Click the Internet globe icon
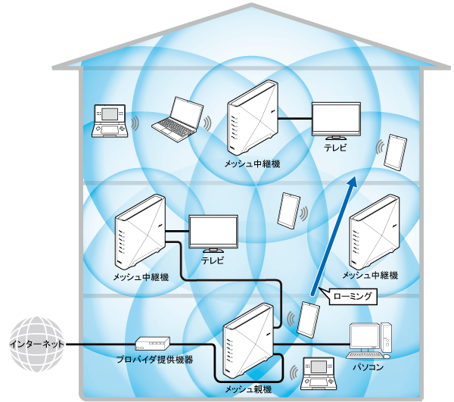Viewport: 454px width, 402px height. (x=33, y=344)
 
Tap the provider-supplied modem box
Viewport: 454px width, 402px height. (x=149, y=344)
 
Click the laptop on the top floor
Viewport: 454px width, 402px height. (x=179, y=119)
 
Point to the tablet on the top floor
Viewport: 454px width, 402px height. (x=395, y=152)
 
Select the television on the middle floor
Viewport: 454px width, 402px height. (x=213, y=233)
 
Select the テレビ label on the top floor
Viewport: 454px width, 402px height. (x=335, y=149)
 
